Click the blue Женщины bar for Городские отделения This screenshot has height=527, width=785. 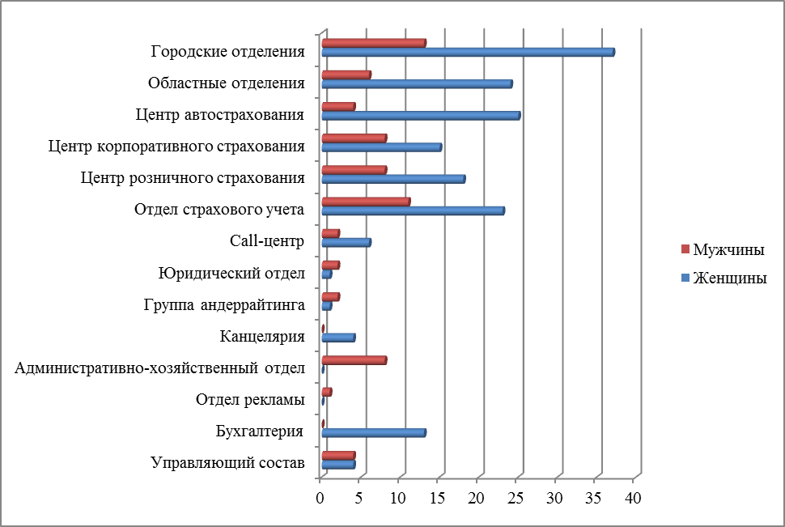(468, 53)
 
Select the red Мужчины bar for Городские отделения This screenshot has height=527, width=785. (373, 43)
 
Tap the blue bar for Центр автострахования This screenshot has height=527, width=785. (420, 116)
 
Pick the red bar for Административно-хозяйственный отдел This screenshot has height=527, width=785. (354, 360)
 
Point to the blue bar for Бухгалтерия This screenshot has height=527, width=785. (373, 433)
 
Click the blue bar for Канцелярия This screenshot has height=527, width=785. (337, 338)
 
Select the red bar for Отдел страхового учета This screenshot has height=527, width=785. (366, 202)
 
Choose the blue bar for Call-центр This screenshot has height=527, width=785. (346, 242)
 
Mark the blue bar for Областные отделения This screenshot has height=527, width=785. (417, 84)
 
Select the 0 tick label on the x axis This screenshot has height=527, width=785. (320, 497)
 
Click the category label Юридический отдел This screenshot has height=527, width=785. (231, 274)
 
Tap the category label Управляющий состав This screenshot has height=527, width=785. (227, 463)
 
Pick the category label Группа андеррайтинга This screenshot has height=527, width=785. (223, 305)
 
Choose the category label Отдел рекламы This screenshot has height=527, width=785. (250, 400)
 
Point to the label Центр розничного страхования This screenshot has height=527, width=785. (193, 178)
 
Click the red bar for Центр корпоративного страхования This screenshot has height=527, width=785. (354, 138)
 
